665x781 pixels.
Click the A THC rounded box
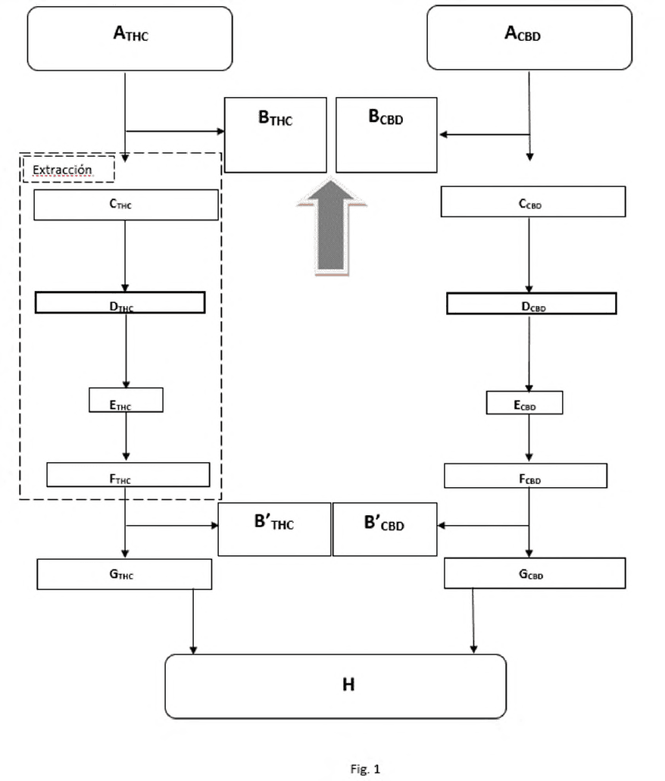[x=130, y=39]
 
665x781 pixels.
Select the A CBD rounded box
[x=529, y=38]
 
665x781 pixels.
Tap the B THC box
[x=276, y=135]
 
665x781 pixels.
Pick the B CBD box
[x=386, y=135]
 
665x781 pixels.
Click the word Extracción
[x=62, y=170]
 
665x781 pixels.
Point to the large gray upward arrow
[x=331, y=226]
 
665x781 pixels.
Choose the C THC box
[x=126, y=205]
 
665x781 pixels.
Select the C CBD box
[x=533, y=201]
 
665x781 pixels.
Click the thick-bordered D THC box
[x=120, y=303]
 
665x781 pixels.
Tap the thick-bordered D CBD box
[x=532, y=304]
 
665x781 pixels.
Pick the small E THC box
[x=126, y=400]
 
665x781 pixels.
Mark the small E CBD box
[x=525, y=402]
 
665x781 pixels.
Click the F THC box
[x=128, y=475]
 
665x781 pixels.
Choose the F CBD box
[x=526, y=476]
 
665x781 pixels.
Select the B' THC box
[x=274, y=529]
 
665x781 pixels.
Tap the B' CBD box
[x=385, y=529]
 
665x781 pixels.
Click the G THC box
[x=124, y=574]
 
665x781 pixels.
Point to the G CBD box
[x=535, y=573]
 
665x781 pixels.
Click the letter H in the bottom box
[x=348, y=685]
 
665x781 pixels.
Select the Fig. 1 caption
[x=365, y=769]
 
